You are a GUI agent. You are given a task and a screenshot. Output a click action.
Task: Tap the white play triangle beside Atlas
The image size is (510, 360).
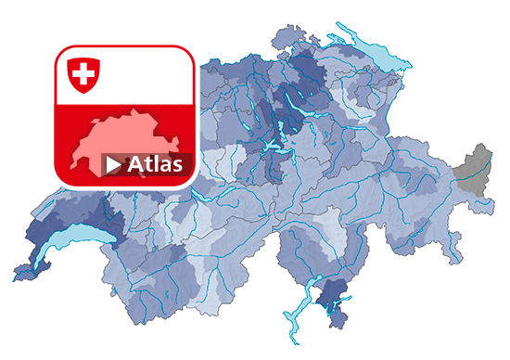coord(113,165)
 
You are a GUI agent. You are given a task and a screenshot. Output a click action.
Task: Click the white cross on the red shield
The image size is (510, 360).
coord(83,72)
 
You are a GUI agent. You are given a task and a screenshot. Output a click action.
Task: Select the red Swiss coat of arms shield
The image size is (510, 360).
coord(83,74)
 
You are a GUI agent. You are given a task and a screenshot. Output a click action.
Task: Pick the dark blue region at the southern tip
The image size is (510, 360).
coord(329,299)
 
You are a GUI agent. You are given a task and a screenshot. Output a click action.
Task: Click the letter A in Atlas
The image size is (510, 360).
coord(135,164)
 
